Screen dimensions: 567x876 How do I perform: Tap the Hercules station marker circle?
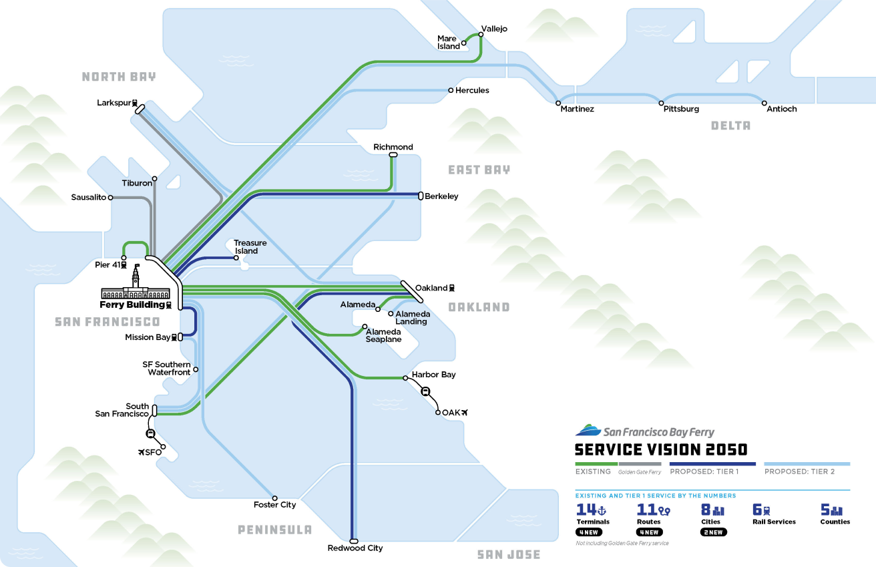(451, 90)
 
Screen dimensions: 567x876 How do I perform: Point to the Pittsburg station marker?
(662, 104)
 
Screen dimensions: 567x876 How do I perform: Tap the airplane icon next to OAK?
(466, 412)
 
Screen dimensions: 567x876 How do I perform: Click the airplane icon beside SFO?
(141, 453)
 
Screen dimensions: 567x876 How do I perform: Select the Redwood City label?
(355, 548)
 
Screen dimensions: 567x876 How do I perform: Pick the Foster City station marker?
(274, 498)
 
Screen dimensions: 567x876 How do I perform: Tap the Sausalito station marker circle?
(110, 198)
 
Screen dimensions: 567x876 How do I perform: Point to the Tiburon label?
(137, 183)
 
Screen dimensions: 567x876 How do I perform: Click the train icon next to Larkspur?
(135, 104)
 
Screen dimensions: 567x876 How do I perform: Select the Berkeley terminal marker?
(421, 196)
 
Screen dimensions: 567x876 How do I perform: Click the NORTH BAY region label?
(119, 77)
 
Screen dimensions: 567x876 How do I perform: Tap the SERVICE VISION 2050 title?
(661, 449)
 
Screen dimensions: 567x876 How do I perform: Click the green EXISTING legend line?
(596, 463)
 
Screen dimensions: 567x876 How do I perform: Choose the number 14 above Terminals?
(586, 510)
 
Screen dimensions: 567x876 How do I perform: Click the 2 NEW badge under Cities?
(713, 532)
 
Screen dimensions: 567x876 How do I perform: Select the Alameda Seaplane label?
(383, 335)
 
